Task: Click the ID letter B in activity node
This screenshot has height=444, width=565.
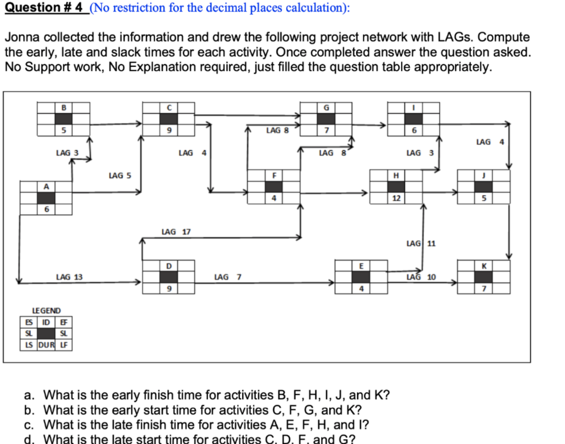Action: (63, 107)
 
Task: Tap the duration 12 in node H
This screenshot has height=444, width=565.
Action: (396, 198)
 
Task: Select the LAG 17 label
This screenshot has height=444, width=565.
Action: (176, 232)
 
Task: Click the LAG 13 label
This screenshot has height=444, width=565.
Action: (70, 277)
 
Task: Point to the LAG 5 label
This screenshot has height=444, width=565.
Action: (120, 176)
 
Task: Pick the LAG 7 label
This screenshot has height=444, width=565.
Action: (227, 277)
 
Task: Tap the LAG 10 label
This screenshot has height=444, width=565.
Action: (421, 277)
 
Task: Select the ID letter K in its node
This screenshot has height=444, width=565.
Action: (483, 266)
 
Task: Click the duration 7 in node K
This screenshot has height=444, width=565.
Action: (483, 289)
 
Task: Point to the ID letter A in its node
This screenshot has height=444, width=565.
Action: (46, 187)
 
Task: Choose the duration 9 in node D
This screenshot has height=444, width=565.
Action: (169, 289)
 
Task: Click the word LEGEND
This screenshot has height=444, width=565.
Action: (47, 311)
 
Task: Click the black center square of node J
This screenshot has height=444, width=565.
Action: (483, 187)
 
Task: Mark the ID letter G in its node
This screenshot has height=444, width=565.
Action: (327, 107)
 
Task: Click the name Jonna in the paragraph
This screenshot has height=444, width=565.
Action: (21, 38)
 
